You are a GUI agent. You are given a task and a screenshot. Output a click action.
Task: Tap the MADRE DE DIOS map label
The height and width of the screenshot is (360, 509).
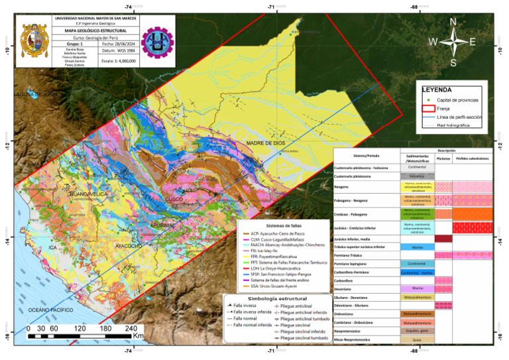[265, 143]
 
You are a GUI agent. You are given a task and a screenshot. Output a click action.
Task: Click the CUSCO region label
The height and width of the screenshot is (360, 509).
[174, 199]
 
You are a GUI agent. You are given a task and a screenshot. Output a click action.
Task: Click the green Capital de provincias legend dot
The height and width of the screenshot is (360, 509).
[429, 99]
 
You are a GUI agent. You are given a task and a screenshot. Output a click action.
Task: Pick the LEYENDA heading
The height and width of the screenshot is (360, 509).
[437, 89]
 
